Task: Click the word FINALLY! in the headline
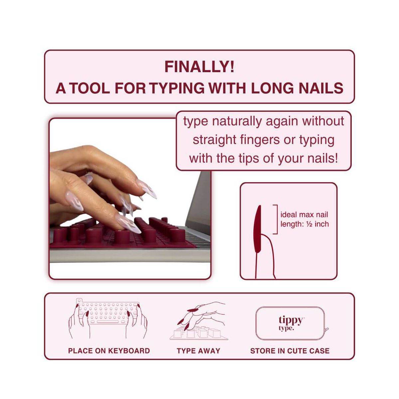[x=199, y=67]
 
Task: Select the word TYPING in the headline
[x=177, y=88]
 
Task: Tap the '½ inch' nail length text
[x=317, y=224]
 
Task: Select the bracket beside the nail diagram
[x=276, y=219]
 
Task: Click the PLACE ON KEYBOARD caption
[x=109, y=351]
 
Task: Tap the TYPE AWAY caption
[x=199, y=351]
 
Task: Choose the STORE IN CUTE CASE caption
[x=290, y=351]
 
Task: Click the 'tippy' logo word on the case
[x=291, y=320]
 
